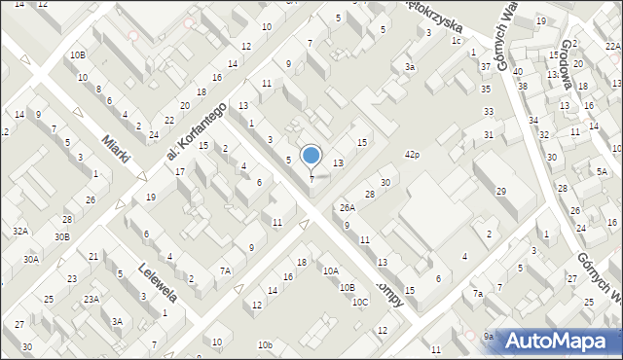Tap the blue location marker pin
(311, 156)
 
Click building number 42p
(412, 155)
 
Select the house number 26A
(347, 207)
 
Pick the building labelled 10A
(331, 270)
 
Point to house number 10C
(360, 302)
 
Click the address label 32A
(19, 231)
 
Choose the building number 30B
(62, 236)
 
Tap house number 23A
(91, 299)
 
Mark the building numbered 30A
(31, 259)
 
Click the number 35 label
(486, 89)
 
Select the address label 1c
(456, 40)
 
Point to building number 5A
(601, 171)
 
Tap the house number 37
(485, 66)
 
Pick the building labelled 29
(500, 191)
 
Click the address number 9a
(489, 336)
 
